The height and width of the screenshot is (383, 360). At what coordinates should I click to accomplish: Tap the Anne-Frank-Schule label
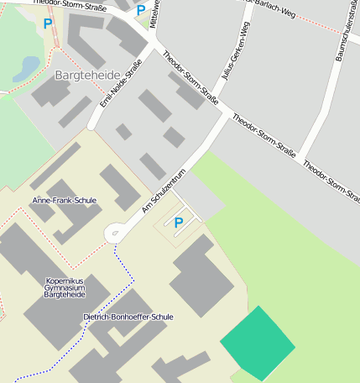click(64, 201)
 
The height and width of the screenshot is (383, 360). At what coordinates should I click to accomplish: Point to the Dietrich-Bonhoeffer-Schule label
click(128, 317)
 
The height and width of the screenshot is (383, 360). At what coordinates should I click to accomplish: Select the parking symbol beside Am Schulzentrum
click(178, 223)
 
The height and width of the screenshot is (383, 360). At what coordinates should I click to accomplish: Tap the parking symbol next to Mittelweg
click(140, 11)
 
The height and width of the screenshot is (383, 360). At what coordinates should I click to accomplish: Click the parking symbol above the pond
click(47, 24)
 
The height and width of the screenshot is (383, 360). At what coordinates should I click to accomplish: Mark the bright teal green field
click(258, 344)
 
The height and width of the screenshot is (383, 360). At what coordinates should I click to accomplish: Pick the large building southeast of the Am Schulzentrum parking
click(202, 277)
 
